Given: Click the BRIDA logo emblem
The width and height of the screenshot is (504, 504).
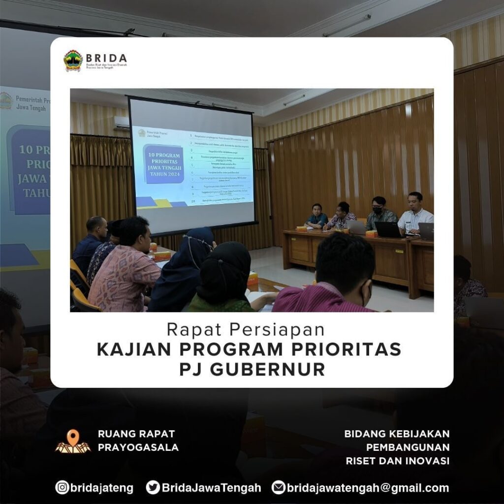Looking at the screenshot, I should [x=73, y=61].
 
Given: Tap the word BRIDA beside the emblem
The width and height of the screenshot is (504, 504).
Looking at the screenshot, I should [x=106, y=58].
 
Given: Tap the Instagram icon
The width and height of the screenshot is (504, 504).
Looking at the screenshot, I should [x=62, y=487].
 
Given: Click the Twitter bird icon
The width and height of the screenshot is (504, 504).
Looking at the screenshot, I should [x=153, y=487].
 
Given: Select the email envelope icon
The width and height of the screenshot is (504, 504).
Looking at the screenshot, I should [x=279, y=487].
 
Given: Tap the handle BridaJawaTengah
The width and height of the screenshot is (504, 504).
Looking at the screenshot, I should [x=212, y=488].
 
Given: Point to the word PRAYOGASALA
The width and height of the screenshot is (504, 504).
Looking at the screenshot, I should [x=138, y=447].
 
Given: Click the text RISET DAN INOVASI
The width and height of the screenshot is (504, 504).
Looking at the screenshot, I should [x=397, y=461].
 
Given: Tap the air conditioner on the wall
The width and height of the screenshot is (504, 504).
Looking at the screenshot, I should [x=121, y=122].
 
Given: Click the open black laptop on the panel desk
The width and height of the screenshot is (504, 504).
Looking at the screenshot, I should [x=388, y=229].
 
